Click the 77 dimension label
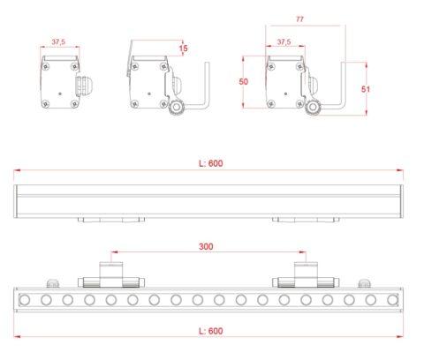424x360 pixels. click(299, 19)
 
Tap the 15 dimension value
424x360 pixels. click(183, 49)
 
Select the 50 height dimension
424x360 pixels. click(243, 81)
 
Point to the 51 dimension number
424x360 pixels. click(366, 89)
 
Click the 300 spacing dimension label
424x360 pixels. click(206, 246)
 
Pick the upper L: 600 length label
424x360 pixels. click(211, 163)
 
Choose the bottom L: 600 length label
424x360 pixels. click(211, 331)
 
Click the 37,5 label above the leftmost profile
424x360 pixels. click(58, 41)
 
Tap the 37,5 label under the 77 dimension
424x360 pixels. click(284, 41)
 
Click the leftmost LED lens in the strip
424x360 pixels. click(25, 300)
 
